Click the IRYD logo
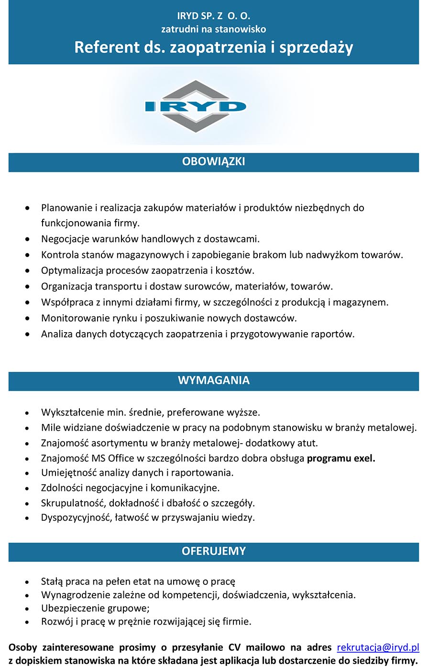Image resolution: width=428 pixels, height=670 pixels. point(196,106)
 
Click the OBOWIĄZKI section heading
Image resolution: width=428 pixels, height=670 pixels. point(213,162)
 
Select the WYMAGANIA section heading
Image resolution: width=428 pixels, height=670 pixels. point(213,380)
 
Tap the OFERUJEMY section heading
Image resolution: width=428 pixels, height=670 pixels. point(213,551)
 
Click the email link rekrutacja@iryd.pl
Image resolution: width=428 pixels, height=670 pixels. point(378,648)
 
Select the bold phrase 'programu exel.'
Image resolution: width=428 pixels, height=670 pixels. point(341,458)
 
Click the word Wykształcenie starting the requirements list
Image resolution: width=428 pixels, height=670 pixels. point(72,412)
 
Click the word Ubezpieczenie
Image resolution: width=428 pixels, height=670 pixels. point(70,608)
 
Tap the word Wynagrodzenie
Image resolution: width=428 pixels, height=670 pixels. point(74,595)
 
